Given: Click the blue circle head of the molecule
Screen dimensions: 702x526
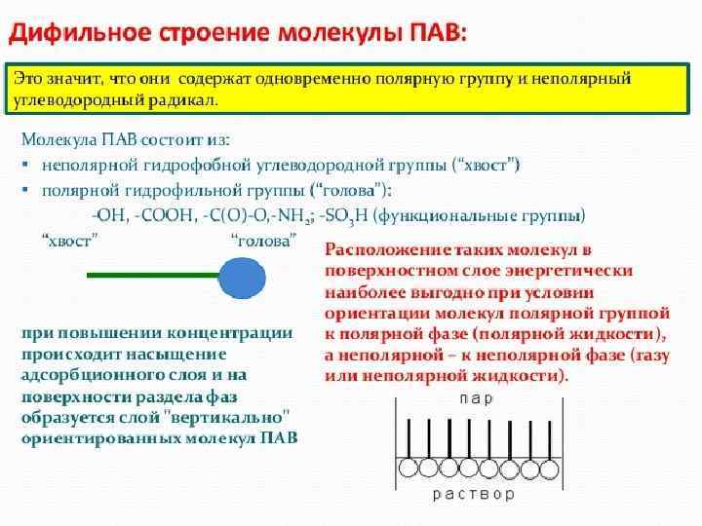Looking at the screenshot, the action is pos(242,276).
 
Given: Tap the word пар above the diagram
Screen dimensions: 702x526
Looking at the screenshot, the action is pos(475,399).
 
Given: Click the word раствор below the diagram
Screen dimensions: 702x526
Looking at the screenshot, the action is pos(476,494).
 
